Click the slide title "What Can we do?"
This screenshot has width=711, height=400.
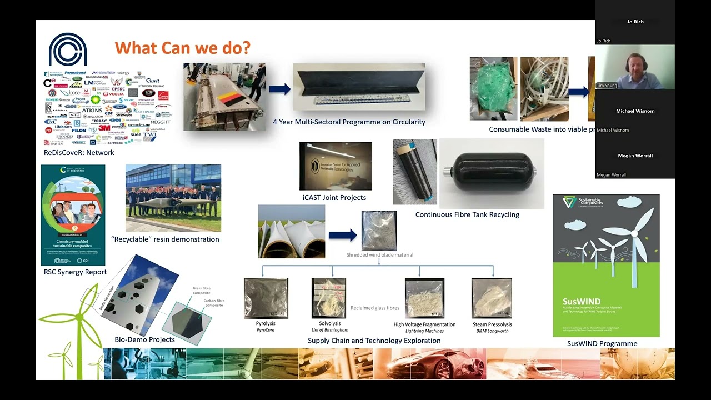[x=183, y=48]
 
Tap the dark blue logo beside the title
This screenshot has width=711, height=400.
[x=68, y=49]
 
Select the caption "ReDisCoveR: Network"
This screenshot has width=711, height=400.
[x=79, y=153]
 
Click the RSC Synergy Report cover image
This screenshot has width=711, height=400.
[x=73, y=214]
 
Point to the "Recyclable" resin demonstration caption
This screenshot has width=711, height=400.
[x=165, y=239]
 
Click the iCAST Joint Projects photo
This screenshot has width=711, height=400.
[x=336, y=166]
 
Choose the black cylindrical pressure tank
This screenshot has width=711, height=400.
[x=491, y=173]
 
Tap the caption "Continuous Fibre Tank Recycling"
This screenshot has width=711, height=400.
[x=467, y=214]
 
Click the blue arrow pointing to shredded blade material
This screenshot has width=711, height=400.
[x=342, y=236]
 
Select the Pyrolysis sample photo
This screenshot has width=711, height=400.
[x=266, y=298]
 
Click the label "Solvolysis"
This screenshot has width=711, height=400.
[x=330, y=323]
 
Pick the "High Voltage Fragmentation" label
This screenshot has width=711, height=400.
[x=424, y=324]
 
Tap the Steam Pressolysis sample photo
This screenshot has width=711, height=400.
[x=492, y=298]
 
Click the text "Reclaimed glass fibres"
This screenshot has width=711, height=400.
[x=375, y=308]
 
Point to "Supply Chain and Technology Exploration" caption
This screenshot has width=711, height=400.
[x=374, y=341]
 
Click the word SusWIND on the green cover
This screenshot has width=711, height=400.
[x=582, y=302]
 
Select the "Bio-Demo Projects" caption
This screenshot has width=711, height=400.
[x=144, y=339]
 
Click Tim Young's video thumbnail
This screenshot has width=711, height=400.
[x=635, y=67]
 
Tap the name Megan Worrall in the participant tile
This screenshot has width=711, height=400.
[x=635, y=156]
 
